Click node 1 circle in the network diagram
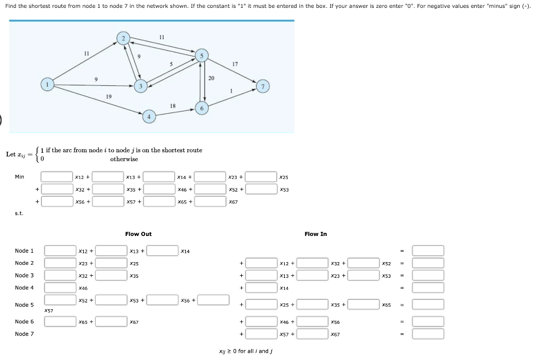(48, 85)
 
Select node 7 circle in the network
(263, 86)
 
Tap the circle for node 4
(149, 117)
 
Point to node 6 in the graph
(202, 108)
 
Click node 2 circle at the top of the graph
(124, 38)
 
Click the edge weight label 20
(211, 78)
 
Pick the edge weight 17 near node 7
(234, 64)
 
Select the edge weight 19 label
(108, 96)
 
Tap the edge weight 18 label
(173, 106)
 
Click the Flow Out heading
(138, 234)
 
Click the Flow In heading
(315, 234)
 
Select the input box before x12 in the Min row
(57, 177)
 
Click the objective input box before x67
(211, 201)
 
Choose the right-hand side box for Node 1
(428, 251)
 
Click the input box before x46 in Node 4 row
(60, 287)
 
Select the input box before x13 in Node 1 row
(111, 251)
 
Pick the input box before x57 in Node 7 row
(262, 333)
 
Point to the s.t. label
(19, 213)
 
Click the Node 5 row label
(24, 305)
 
